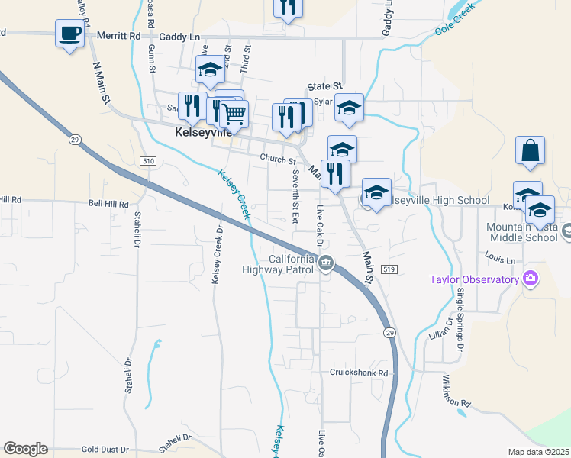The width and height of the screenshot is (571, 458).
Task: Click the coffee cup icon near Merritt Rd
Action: (x=70, y=34)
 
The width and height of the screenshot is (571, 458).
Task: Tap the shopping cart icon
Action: (x=234, y=114)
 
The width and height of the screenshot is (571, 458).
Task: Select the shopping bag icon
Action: (x=530, y=151)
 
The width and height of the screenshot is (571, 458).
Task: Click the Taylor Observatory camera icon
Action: (x=531, y=279)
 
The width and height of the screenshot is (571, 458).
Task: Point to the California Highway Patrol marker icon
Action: (x=326, y=264)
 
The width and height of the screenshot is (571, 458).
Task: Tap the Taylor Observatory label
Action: (x=473, y=280)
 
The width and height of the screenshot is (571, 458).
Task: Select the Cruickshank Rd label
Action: (x=359, y=373)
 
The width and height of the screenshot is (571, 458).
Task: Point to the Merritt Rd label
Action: (x=124, y=35)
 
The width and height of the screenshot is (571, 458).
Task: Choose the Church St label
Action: (x=277, y=160)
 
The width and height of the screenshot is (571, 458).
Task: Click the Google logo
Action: (x=25, y=449)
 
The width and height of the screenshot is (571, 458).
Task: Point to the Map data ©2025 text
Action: (x=537, y=452)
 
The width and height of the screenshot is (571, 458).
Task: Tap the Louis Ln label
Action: (x=500, y=260)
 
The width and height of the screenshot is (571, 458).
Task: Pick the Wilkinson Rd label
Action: (x=466, y=392)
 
